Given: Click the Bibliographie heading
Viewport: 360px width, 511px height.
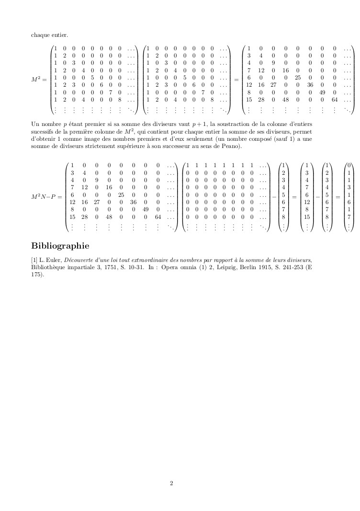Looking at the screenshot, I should click(x=60, y=246).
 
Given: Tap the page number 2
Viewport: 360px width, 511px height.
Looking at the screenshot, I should click(x=171, y=483).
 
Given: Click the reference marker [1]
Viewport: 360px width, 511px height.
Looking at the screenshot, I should click(x=34, y=259).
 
